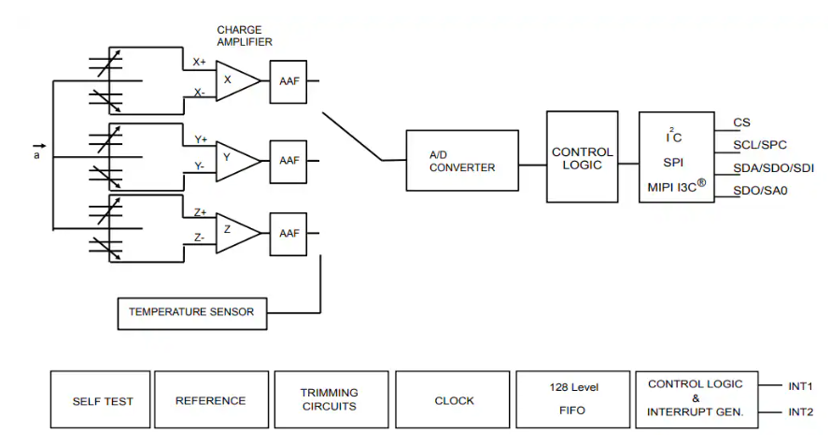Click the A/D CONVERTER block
click(x=462, y=162)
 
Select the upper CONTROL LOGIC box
click(x=582, y=157)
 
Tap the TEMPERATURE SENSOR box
click(x=191, y=312)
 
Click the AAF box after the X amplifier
click(x=288, y=81)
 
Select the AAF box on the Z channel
click(x=288, y=233)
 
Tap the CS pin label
click(x=741, y=123)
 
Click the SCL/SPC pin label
click(x=759, y=145)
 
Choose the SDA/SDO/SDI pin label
click(x=773, y=167)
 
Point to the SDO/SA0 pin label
click(x=759, y=191)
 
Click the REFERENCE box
click(x=210, y=400)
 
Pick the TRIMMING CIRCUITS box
click(x=329, y=400)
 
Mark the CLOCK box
click(x=454, y=400)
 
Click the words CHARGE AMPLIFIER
click(x=245, y=36)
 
